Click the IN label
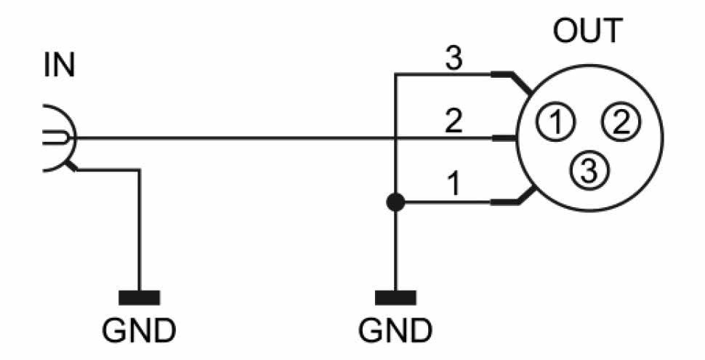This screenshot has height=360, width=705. click(x=59, y=66)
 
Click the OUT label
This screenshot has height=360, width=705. click(x=587, y=31)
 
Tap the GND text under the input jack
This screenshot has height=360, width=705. click(x=139, y=331)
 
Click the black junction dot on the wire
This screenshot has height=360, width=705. click(x=395, y=202)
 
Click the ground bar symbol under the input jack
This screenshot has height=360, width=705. click(x=139, y=297)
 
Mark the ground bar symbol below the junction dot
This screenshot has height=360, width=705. click(x=395, y=297)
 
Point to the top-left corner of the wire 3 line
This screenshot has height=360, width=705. click(x=395, y=74)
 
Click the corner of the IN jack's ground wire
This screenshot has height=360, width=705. click(x=139, y=171)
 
